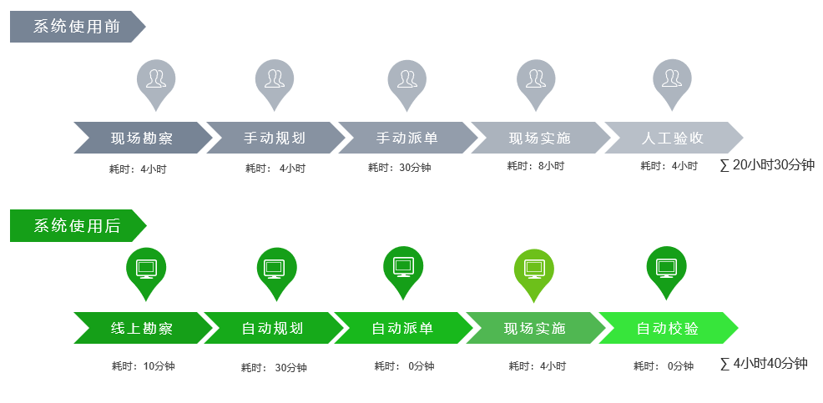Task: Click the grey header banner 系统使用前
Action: tap(77, 26)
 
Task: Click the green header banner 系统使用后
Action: tap(78, 225)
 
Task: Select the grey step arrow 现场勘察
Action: tap(143, 138)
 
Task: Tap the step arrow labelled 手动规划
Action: tap(275, 138)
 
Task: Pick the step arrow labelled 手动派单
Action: tap(408, 138)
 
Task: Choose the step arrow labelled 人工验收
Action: tap(674, 138)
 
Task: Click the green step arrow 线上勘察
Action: tap(143, 328)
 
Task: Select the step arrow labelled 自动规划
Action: tap(273, 328)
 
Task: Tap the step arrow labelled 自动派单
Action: tap(403, 328)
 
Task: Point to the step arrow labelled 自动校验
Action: tap(668, 328)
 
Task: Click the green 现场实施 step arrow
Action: tap(535, 328)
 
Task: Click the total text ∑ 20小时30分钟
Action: tap(767, 165)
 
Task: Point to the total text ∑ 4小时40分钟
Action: tap(763, 363)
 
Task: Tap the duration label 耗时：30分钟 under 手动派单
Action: tap(400, 168)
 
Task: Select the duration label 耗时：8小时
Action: tap(535, 166)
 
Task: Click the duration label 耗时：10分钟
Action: tap(144, 366)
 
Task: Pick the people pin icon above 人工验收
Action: tap(672, 84)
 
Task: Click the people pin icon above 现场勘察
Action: tap(156, 84)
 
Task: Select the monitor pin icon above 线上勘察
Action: tap(146, 274)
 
